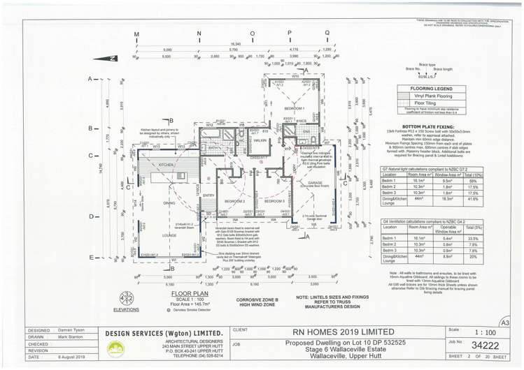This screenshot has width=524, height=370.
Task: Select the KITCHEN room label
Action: pos(166,164)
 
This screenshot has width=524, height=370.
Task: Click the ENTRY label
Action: pos(208,195)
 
